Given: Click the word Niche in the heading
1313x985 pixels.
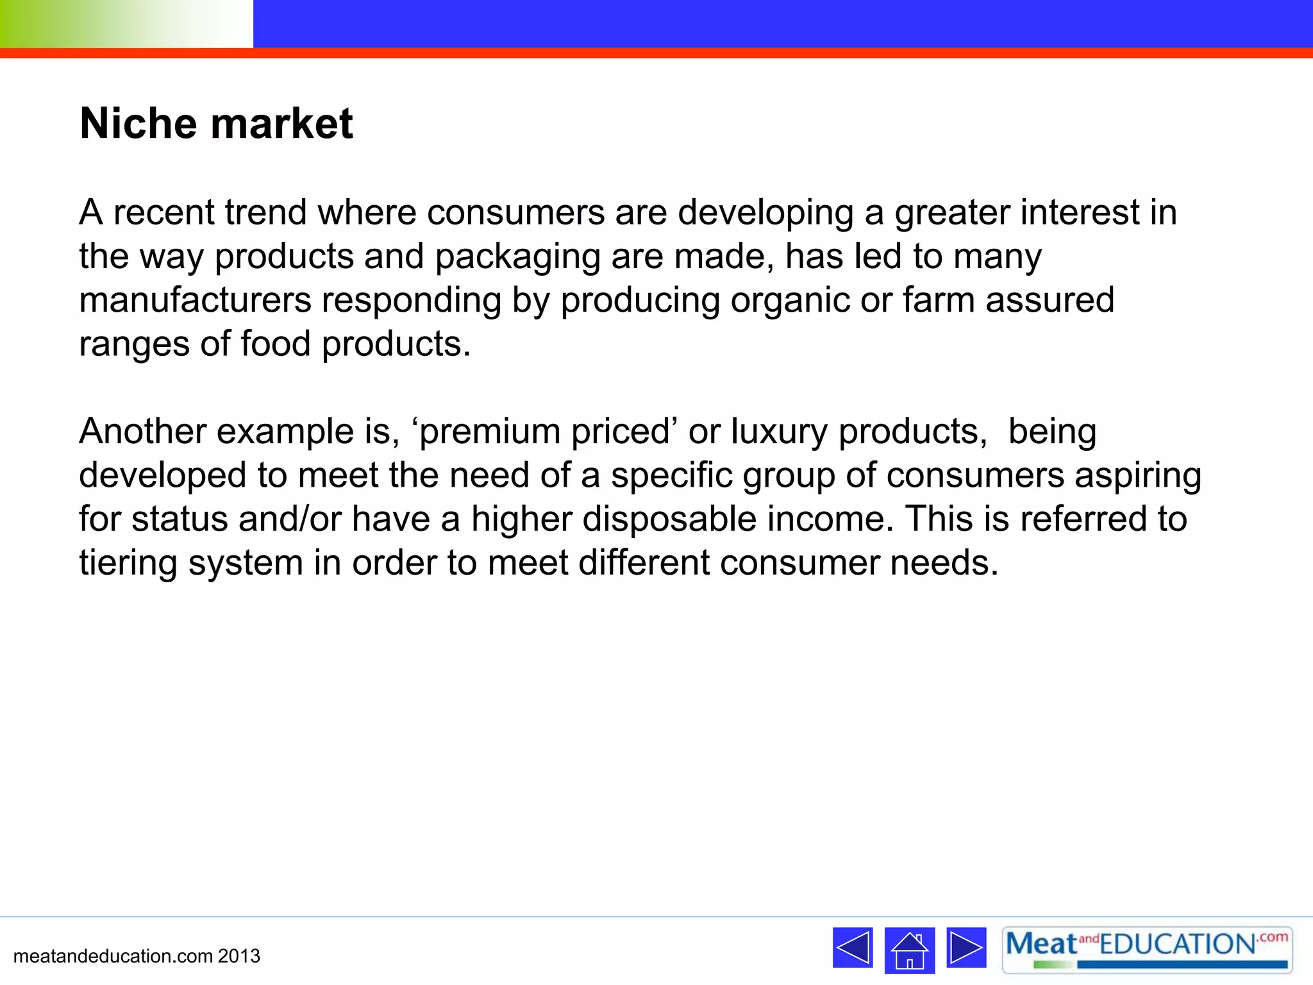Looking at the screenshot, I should [x=138, y=123].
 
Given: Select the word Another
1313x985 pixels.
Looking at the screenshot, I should [x=142, y=431].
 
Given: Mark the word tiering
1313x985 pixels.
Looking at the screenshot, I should [x=128, y=564].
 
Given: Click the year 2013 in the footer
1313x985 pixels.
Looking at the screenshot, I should [x=239, y=956].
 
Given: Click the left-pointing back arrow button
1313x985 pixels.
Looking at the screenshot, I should [x=853, y=947].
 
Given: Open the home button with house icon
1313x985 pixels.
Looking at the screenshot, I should [x=909, y=950].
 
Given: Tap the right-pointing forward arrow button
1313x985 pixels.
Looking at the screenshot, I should [x=966, y=947].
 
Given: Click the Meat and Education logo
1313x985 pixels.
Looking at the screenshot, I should [x=1147, y=950].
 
